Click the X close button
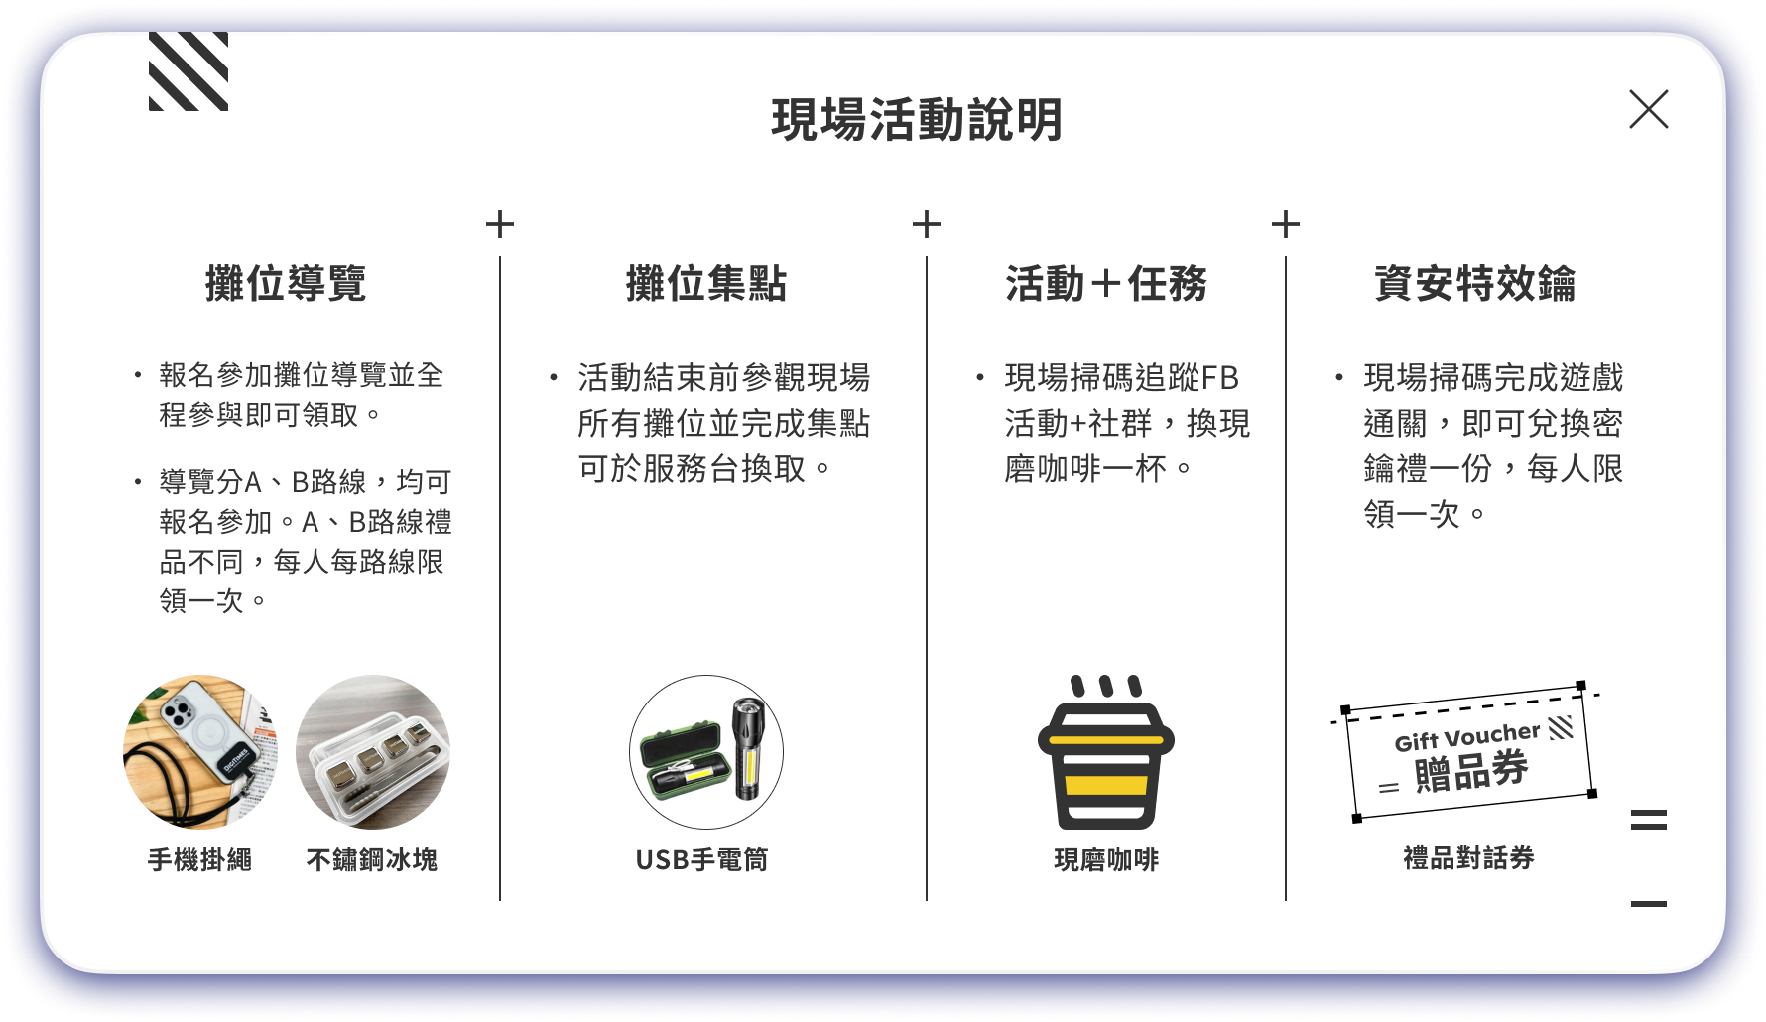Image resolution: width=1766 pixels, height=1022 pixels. pos(1648,109)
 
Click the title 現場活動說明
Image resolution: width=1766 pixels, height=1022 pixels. pos(917,120)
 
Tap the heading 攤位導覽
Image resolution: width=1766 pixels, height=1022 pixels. pos(286,284)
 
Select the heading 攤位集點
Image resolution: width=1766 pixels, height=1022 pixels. pos(706,284)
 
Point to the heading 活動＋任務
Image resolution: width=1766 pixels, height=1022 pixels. pos(1106,284)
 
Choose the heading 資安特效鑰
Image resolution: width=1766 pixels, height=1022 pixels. pos(1474,284)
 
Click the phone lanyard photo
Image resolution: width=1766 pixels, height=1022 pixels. pos(200,752)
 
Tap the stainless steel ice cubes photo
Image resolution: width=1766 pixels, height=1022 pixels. pos(373,752)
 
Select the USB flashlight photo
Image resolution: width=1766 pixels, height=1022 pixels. pos(706,752)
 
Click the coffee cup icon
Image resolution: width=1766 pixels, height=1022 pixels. pos(1106,752)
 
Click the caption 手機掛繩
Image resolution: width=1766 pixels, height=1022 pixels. pos(200,859)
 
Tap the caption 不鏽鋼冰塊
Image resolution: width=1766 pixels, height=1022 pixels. pos(372,859)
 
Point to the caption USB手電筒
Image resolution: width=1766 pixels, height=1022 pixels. pos(702,859)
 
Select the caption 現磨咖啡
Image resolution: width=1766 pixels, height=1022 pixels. pos(1106,859)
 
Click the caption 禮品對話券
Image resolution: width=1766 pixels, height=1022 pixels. pos(1468,858)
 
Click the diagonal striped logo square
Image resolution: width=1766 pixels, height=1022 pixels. pos(189,71)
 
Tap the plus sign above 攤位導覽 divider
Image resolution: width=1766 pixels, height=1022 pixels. pos(500,224)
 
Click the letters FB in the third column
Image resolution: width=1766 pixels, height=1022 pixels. pos(1219,378)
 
